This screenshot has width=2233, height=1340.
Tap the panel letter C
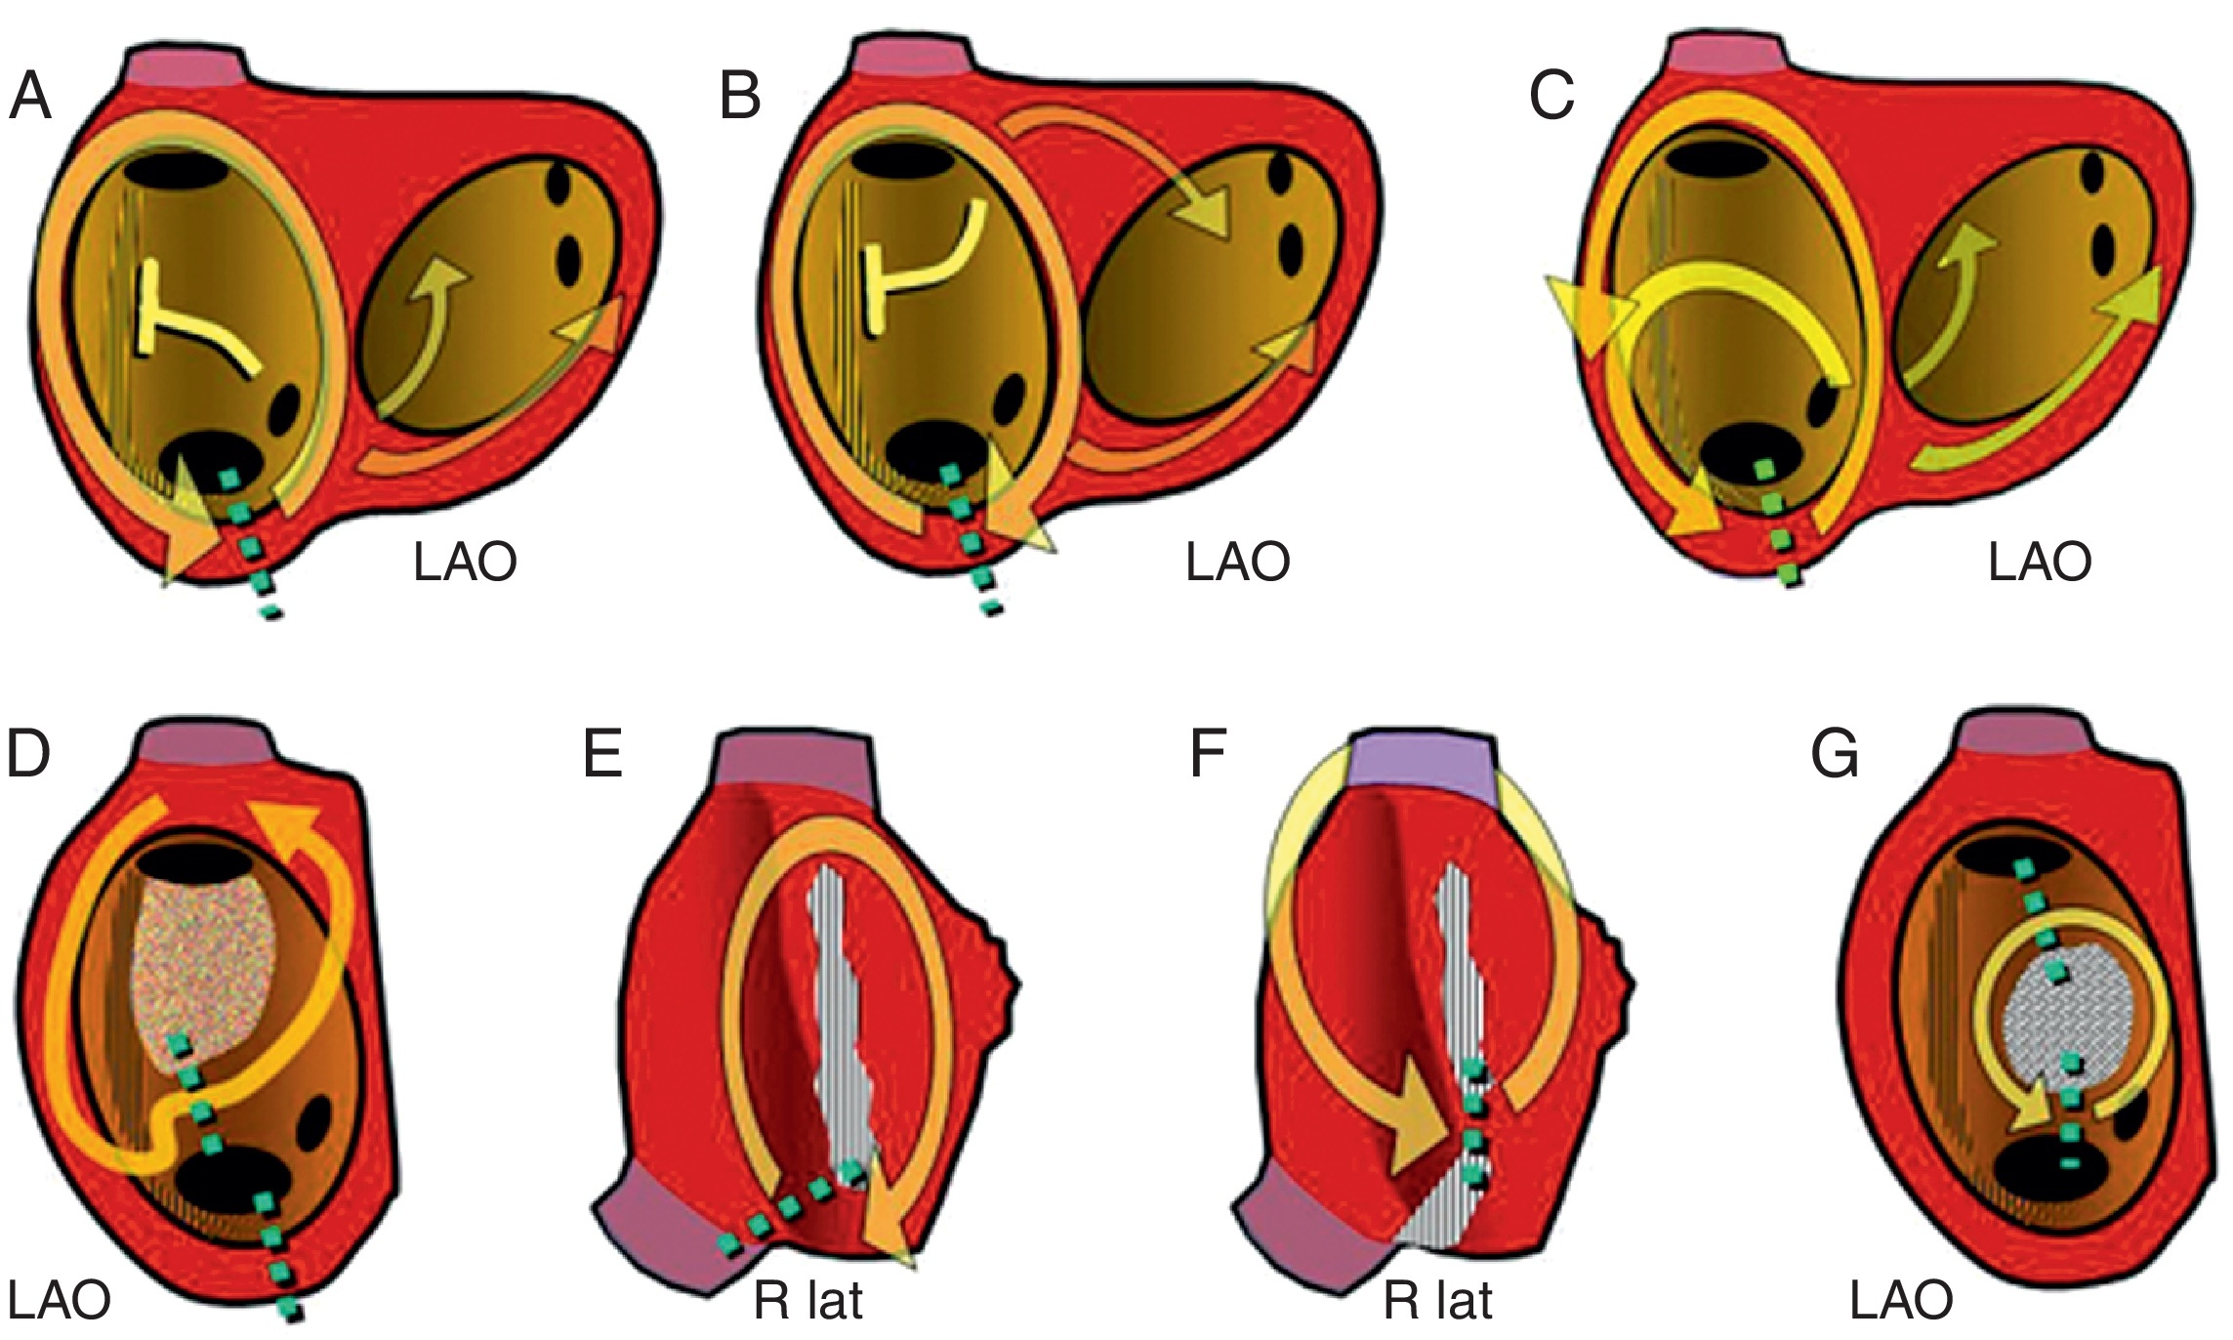coord(1551,97)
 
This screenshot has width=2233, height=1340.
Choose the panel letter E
coord(602,754)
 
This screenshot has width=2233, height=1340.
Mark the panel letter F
coord(1208,754)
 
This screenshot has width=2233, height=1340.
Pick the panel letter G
coord(1834,754)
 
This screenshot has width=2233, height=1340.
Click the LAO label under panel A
coord(465,564)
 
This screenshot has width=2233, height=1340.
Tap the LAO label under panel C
coord(2040,564)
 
